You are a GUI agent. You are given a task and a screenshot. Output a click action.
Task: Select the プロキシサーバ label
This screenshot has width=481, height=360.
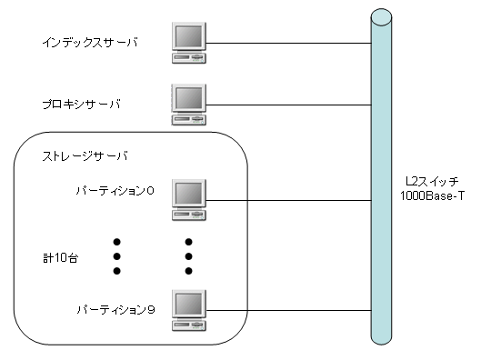85,104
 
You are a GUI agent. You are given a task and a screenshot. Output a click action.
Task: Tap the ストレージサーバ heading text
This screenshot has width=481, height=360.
85,155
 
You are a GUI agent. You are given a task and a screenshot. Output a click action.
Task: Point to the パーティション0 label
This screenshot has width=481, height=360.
115,191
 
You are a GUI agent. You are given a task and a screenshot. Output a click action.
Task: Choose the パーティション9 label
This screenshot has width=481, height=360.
115,310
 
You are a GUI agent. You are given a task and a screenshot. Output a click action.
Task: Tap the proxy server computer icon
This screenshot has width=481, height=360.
189,103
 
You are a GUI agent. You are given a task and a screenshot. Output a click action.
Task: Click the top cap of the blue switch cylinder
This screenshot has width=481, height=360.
381,14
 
